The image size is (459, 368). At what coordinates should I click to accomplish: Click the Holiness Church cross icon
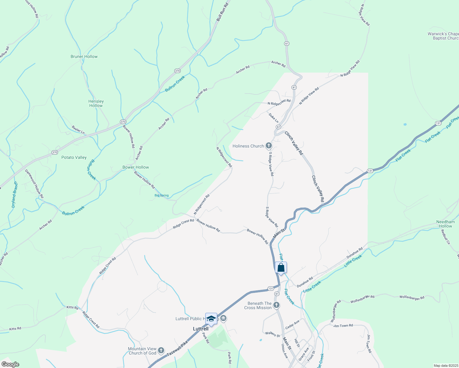pyautogui.click(x=268, y=146)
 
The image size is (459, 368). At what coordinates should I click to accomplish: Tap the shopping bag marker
pyautogui.click(x=281, y=268)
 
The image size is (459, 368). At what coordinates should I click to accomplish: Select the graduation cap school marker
pyautogui.click(x=211, y=319)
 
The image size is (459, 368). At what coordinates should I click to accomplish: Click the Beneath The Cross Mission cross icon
pyautogui.click(x=276, y=305)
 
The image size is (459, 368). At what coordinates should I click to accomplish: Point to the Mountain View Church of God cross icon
pyautogui.click(x=161, y=351)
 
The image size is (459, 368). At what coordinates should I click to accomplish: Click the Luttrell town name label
pyautogui.click(x=201, y=329)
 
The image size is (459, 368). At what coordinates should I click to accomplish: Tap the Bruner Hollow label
pyautogui.click(x=84, y=56)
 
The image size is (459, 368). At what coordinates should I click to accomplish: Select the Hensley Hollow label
pyautogui.click(x=96, y=103)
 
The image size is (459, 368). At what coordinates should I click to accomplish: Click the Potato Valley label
pyautogui.click(x=74, y=157)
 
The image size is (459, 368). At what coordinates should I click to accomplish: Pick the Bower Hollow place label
pyautogui.click(x=136, y=167)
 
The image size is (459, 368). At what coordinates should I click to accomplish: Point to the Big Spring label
pyautogui.click(x=161, y=195)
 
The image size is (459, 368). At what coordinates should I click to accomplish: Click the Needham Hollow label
pyautogui.click(x=445, y=224)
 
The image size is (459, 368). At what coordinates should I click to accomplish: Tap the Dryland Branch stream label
pyautogui.click(x=14, y=195)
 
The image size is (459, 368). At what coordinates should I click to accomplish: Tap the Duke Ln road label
pyautogui.click(x=274, y=118)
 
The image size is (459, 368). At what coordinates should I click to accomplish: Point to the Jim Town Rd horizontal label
pyautogui.click(x=343, y=326)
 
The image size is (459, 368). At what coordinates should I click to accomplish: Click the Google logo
pyautogui.click(x=10, y=364)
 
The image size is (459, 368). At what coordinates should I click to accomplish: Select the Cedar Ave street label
pyautogui.click(x=292, y=325)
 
